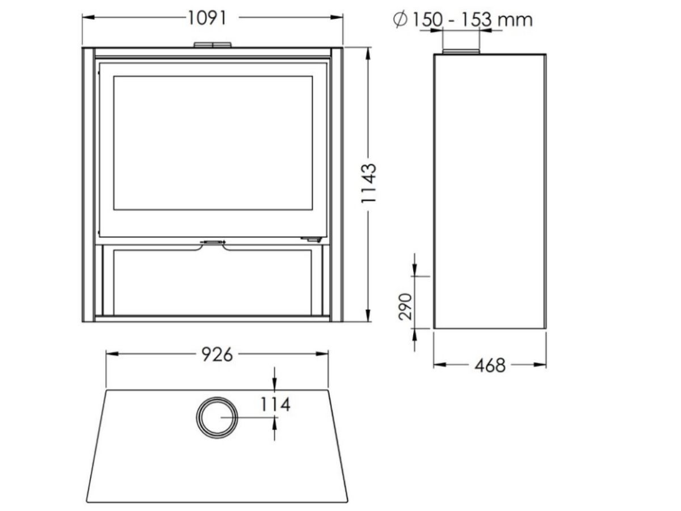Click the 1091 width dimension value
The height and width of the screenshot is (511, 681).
click(207, 18)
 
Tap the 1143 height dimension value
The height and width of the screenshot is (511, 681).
click(369, 183)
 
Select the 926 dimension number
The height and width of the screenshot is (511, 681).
click(217, 354)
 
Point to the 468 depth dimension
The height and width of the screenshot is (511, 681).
click(490, 366)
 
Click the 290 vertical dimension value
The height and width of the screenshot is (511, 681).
click(405, 307)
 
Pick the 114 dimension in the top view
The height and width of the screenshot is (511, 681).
click(275, 404)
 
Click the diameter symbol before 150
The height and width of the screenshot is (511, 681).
click(400, 19)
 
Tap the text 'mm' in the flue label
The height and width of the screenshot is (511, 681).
click(515, 20)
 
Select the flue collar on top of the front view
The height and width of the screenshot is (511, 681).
click(212, 45)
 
